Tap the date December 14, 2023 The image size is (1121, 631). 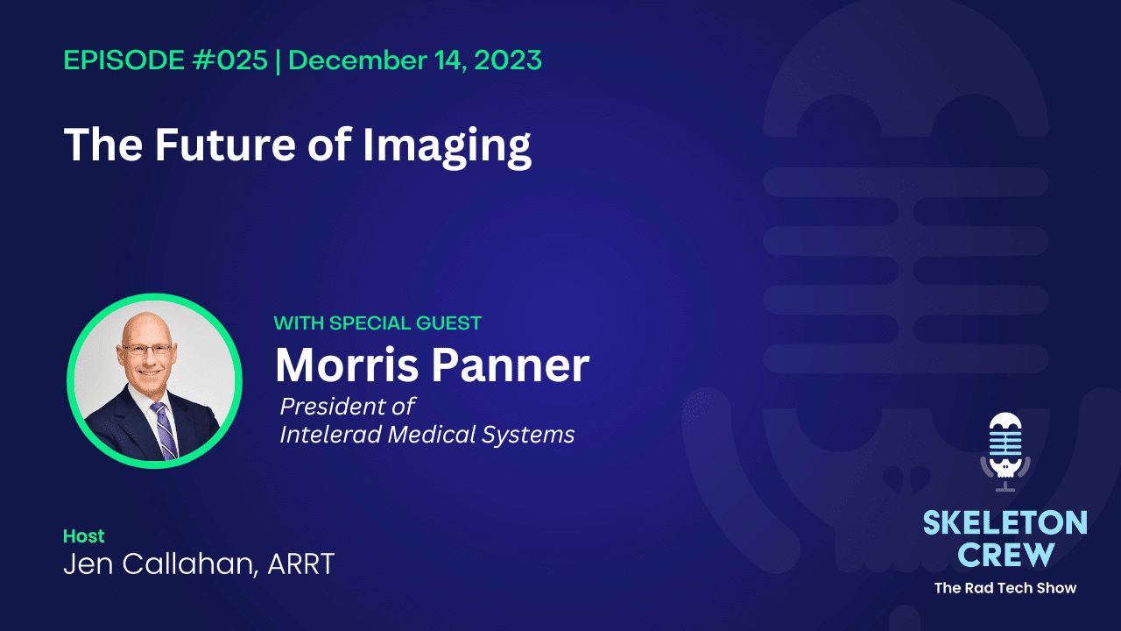[415, 60]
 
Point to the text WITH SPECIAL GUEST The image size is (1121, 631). [377, 323]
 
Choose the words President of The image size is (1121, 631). [347, 407]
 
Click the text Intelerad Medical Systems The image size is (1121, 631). [427, 435]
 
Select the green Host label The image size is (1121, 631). [84, 535]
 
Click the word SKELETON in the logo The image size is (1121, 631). [1005, 524]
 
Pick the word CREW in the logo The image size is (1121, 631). [1005, 554]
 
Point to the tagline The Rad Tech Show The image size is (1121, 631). [1005, 587]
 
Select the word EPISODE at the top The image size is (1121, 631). [120, 60]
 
